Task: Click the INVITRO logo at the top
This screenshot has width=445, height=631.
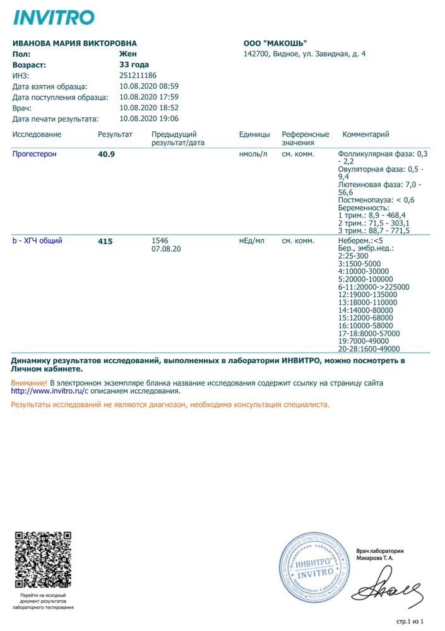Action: [54, 18]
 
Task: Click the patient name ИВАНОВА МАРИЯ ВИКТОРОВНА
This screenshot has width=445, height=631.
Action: [74, 44]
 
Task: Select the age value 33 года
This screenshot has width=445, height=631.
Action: [134, 64]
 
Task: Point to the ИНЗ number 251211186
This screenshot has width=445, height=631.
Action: [138, 75]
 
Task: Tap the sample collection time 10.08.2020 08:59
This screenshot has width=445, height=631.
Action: [149, 86]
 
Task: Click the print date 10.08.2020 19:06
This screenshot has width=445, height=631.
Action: [149, 119]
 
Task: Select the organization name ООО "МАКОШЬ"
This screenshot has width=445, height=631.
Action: [275, 44]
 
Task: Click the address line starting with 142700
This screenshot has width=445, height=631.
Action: [304, 54]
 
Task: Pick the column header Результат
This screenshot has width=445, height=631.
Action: [115, 134]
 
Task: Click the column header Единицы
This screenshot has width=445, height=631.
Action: [254, 134]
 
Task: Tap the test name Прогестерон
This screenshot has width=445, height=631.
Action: [34, 154]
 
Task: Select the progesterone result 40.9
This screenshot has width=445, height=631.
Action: [106, 154]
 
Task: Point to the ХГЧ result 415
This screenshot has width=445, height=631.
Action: [105, 241]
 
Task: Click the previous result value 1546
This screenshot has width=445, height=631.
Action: [161, 240]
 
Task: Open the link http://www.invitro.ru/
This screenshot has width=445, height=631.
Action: [47, 391]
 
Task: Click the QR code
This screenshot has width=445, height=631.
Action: [42, 561]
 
